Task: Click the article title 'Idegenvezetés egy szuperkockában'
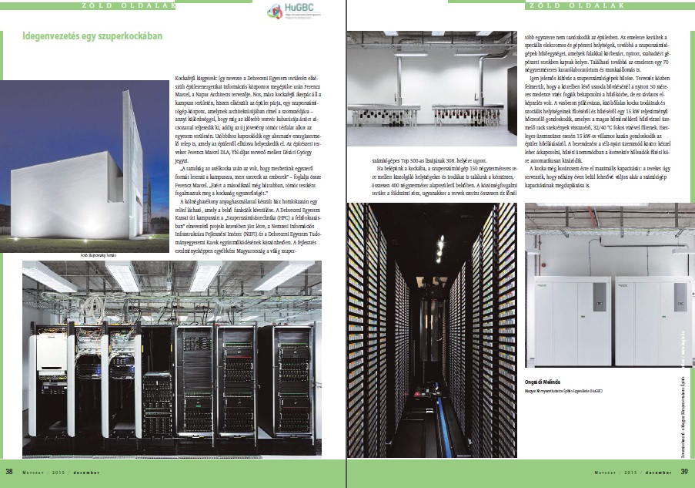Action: pyautogui.click(x=93, y=35)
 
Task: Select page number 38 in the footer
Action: pyautogui.click(x=9, y=472)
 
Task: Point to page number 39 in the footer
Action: pyautogui.click(x=684, y=472)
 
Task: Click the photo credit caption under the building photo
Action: pyautogui.click(x=101, y=253)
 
